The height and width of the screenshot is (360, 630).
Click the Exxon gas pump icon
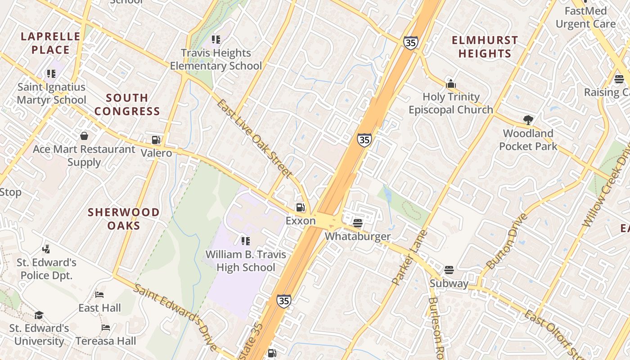300,207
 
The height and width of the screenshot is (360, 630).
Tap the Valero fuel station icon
156,140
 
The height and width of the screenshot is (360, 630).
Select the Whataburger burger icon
358,223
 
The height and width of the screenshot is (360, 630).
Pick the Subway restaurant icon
449,270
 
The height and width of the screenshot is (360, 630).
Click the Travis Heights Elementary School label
216,59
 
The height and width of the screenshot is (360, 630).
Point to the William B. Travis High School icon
245,241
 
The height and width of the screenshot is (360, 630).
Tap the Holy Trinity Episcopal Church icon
451,84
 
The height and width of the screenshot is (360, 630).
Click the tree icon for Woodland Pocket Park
528,120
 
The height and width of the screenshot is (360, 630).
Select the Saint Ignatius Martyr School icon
51,74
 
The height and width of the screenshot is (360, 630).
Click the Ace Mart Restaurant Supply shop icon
84,135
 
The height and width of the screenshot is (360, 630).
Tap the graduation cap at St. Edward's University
39,315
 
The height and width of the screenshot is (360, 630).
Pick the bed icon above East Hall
100,295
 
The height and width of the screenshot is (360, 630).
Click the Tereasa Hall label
105,341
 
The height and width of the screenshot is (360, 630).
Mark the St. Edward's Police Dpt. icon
46,249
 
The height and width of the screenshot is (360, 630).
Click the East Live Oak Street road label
255,138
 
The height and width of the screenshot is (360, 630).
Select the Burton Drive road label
508,241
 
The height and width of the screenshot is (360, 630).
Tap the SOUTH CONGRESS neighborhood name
127,104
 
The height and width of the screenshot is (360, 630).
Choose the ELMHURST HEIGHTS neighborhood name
485,47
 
